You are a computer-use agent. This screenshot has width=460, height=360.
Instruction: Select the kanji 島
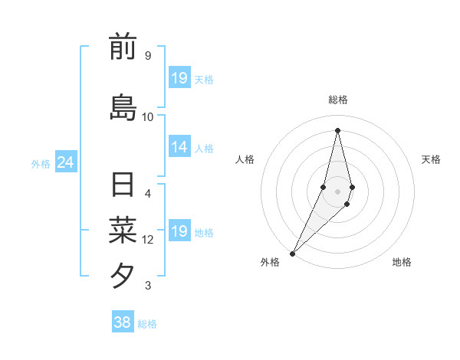[123, 107]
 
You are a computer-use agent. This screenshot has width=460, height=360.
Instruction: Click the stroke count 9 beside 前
[147, 56]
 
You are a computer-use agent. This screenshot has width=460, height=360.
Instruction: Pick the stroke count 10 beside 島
[148, 117]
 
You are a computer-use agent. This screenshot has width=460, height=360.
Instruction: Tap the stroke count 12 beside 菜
[148, 240]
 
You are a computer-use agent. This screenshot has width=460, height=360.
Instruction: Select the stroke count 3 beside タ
[147, 286]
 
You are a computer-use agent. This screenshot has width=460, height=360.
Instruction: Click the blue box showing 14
[179, 148]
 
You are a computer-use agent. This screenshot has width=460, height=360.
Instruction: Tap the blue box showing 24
[65, 162]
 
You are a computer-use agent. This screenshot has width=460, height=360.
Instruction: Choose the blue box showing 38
[122, 322]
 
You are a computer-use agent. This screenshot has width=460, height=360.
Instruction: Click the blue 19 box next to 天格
[179, 78]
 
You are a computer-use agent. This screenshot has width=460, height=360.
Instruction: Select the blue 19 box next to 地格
[179, 231]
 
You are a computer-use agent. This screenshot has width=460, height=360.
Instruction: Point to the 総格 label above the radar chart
[337, 100]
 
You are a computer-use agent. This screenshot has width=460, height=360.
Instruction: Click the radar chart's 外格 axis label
[270, 263]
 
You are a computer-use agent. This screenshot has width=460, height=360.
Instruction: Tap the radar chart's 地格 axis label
[402, 263]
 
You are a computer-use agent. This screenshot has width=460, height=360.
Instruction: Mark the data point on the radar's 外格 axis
[292, 254]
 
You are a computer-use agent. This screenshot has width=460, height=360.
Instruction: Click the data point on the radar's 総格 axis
[337, 130]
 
